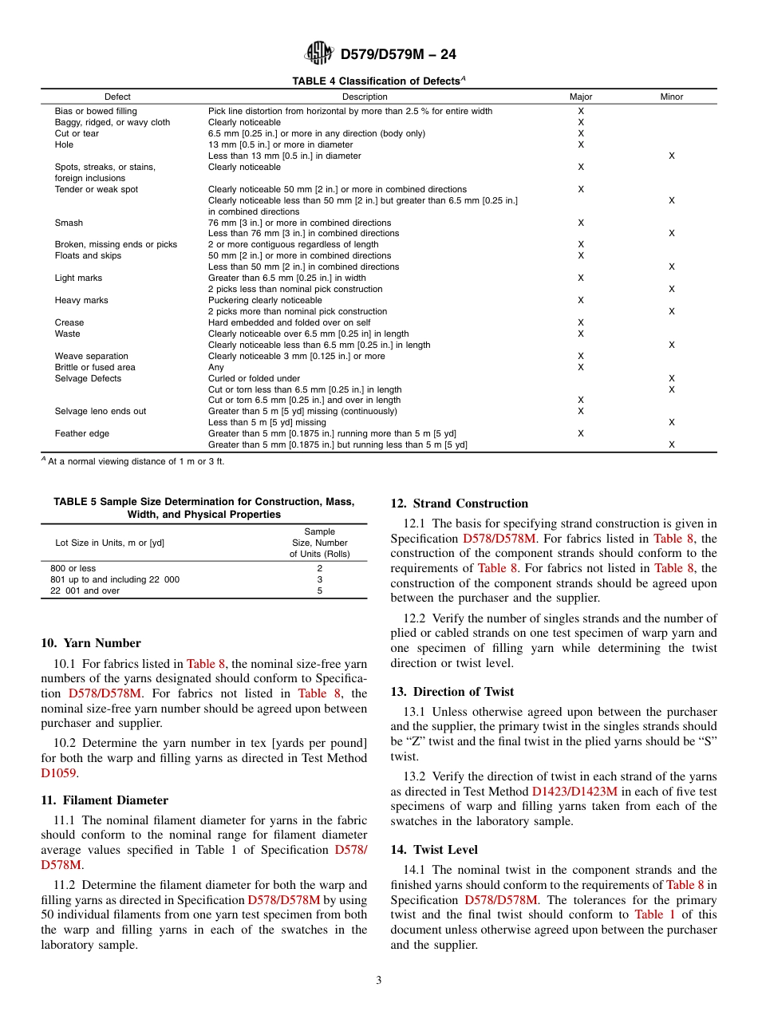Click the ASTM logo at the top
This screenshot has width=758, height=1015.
(318, 53)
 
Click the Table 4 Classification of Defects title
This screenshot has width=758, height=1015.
(378, 81)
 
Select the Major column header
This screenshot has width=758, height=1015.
(581, 97)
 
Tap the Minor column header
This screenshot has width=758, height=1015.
(671, 97)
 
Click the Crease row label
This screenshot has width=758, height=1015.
(69, 322)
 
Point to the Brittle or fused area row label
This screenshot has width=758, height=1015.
(94, 367)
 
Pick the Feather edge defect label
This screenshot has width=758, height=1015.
(81, 433)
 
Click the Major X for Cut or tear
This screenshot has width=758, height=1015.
(581, 133)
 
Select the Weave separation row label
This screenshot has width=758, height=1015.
(91, 356)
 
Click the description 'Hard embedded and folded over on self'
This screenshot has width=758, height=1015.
(282, 322)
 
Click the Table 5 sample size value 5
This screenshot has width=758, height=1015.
(319, 590)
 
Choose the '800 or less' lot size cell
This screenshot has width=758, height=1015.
(73, 568)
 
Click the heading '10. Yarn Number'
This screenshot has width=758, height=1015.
(91, 643)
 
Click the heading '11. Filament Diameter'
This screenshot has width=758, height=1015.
(105, 800)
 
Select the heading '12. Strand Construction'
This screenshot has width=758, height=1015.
(459, 504)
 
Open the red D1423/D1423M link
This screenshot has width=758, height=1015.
(574, 792)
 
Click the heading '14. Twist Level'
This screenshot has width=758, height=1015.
(434, 850)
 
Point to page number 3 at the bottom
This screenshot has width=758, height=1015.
(379, 981)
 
